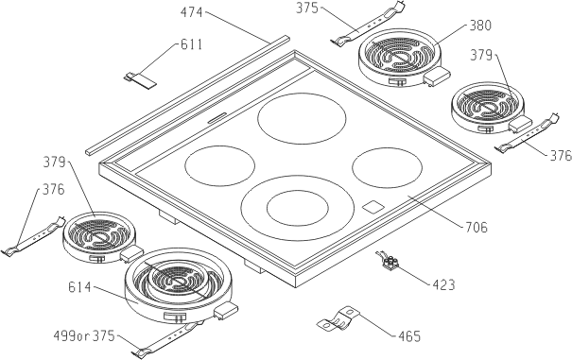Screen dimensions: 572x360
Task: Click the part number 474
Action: pyautogui.click(x=192, y=13)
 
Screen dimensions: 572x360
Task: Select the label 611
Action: pyautogui.click(x=192, y=44)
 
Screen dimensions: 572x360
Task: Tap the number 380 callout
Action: pyautogui.click(x=480, y=26)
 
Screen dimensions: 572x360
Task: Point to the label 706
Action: pyautogui.click(x=477, y=227)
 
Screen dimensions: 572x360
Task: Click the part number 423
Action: pyautogui.click(x=444, y=284)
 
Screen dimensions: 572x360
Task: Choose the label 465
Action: pyautogui.click(x=410, y=336)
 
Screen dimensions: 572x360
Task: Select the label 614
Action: pyautogui.click(x=79, y=287)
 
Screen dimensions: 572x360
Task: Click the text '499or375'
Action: pyautogui.click(x=84, y=336)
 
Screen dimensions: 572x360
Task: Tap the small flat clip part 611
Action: pyautogui.click(x=141, y=79)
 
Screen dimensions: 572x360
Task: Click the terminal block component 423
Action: pyautogui.click(x=390, y=261)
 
